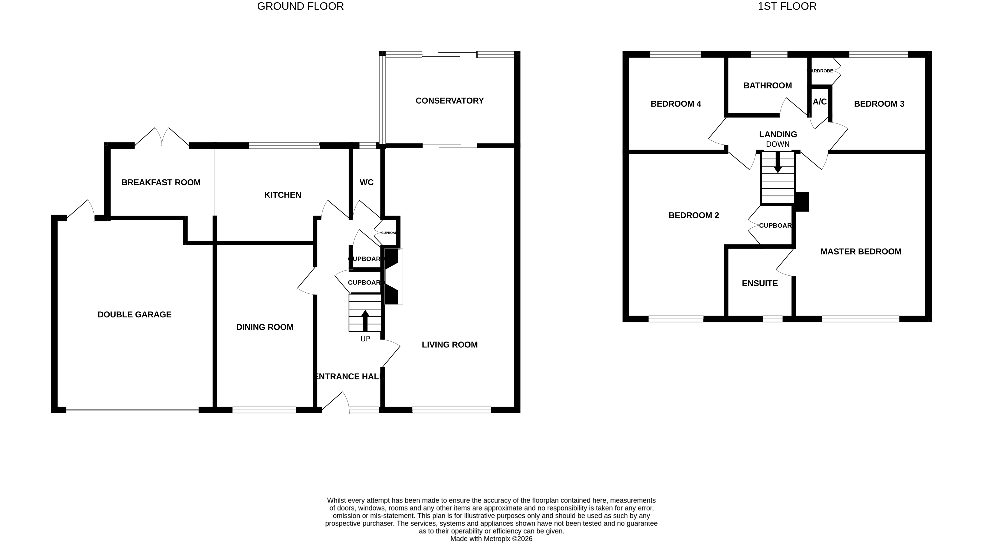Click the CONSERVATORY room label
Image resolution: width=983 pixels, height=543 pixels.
449,101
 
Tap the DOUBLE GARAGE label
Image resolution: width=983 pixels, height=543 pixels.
134,315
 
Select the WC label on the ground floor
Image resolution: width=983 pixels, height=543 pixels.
366,182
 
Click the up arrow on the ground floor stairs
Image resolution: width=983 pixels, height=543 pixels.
365,320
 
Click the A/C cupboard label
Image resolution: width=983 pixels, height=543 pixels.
819,102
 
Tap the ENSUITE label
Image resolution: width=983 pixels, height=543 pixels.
759,283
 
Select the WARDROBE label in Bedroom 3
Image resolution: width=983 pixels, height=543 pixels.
820,71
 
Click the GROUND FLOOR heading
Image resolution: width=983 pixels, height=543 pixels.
300,6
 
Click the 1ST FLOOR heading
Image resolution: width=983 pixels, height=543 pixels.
787,6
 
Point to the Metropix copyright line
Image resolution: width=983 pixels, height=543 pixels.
491,539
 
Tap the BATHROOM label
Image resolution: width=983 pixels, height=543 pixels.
767,86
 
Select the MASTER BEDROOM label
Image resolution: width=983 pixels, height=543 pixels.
860,252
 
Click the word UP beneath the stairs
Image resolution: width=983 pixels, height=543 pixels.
365,339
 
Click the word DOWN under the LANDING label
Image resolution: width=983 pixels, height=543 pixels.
777,144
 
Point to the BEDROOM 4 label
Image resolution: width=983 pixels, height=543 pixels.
675,104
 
